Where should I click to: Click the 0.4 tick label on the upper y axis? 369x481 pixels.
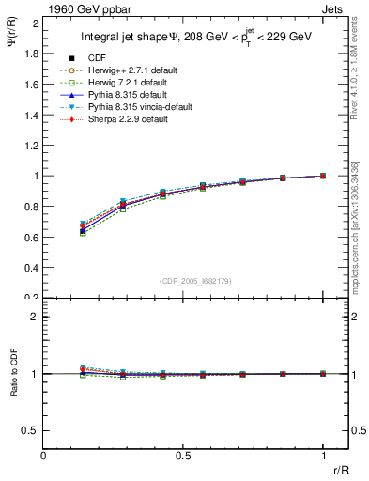coord(30,268)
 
